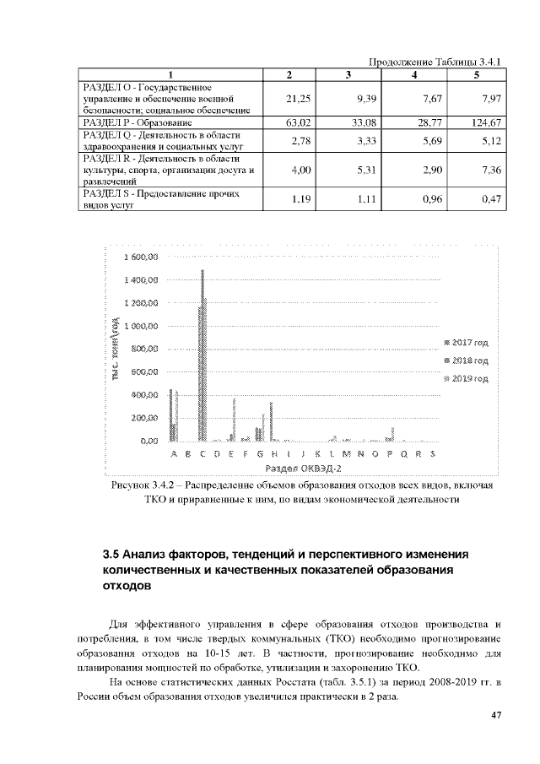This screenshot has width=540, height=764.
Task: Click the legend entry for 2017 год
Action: [467, 343]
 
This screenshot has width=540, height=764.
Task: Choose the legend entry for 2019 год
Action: [467, 379]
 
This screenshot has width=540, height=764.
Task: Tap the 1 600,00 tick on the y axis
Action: [141, 257]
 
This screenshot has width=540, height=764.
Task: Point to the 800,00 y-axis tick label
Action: [143, 349]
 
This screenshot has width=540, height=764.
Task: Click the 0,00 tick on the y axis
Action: [148, 441]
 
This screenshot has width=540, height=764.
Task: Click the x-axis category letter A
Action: [174, 454]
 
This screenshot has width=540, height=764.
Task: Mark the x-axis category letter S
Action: [432, 454]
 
